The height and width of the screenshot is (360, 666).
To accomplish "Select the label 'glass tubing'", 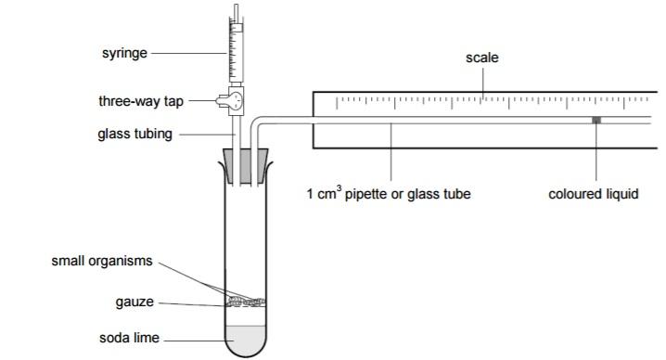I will coord(135,134).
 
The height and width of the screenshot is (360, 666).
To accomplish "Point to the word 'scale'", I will coord(482,58).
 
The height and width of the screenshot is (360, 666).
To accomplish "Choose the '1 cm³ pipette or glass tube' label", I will coord(390,195).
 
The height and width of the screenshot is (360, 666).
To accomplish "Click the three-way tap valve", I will coord(236,100).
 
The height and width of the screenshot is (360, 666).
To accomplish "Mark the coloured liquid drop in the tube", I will coord(597,120).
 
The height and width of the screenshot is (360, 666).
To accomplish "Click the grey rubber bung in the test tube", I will coord(246,167).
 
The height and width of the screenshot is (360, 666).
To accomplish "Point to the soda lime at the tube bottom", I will coord(246,340).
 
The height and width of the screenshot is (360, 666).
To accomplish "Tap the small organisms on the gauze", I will coord(246,299).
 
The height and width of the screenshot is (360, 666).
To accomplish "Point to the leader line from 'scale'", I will coord(482,81).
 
